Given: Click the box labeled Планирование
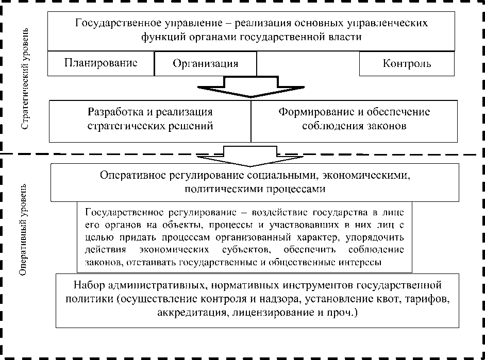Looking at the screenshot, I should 101,63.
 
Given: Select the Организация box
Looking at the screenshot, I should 205,64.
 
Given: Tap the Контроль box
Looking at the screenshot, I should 407,64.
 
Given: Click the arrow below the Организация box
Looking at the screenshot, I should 251,87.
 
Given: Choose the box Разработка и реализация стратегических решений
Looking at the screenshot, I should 150,119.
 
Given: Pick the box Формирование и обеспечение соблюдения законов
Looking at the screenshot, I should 354,119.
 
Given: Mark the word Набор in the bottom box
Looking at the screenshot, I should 86,284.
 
